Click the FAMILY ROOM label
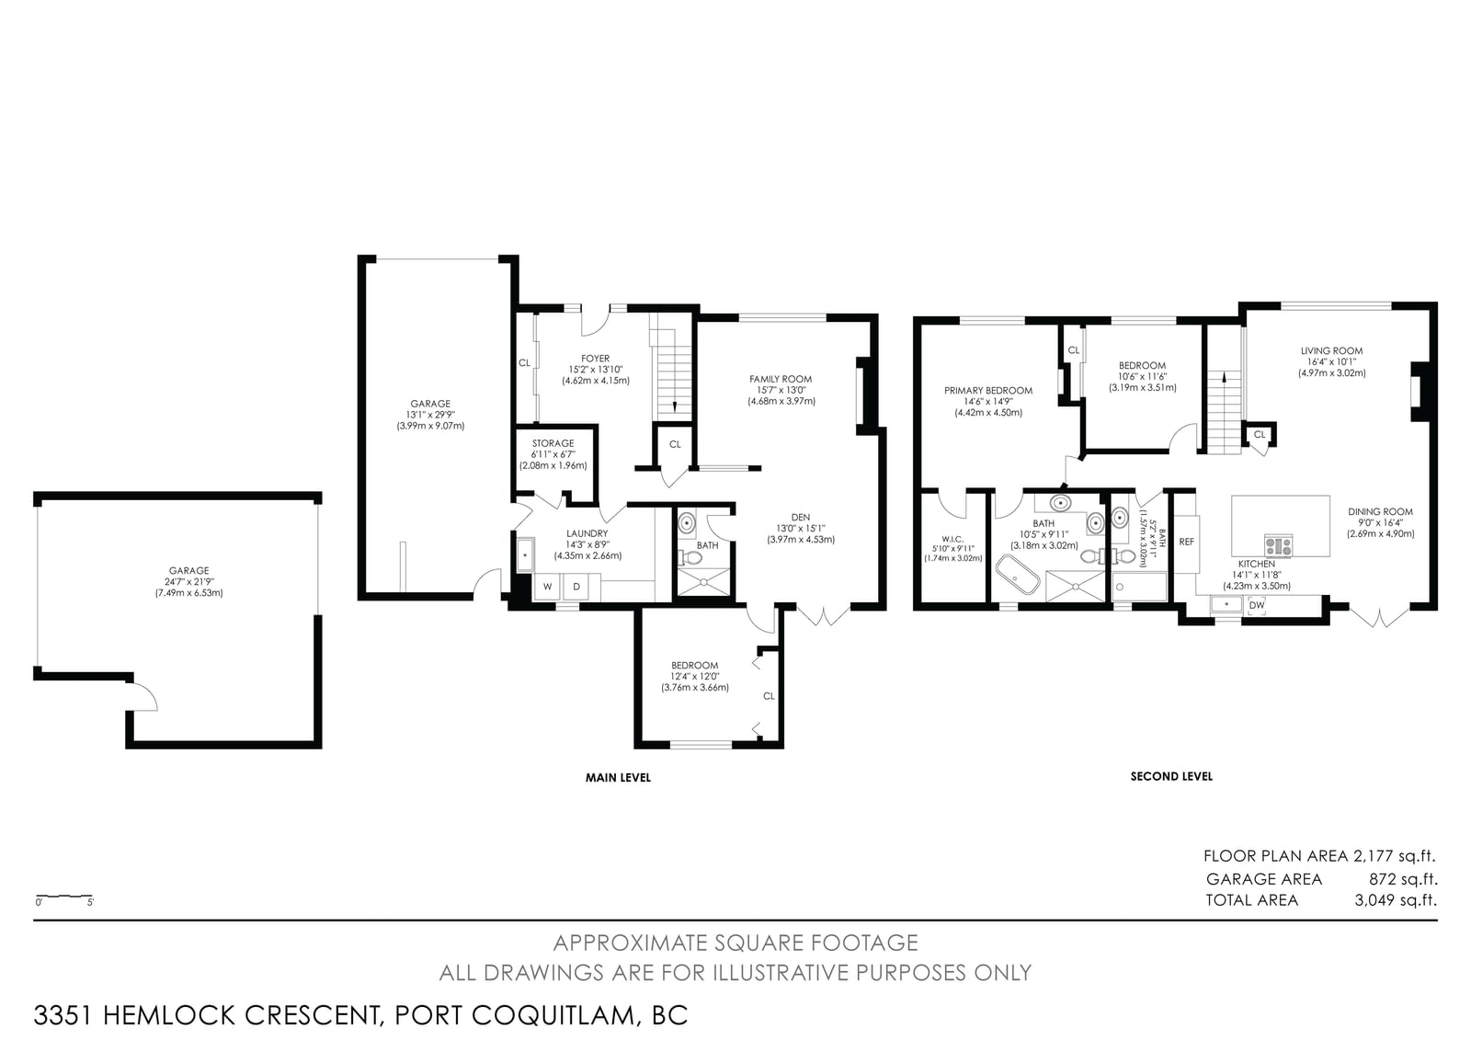coord(781,379)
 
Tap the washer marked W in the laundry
coord(547,587)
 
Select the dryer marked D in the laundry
coord(576,587)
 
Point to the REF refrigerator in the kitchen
coord(1186,543)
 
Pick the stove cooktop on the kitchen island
coord(1279,546)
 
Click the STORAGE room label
coord(553,443)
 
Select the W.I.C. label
coord(952,539)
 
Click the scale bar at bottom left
coord(63,897)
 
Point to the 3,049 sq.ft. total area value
coord(1396,900)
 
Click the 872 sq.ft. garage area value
coord(1403,879)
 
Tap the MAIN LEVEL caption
coord(618,778)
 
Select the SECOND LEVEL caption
coord(1171,776)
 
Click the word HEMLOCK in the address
coord(169,1016)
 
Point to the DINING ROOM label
coord(1380,512)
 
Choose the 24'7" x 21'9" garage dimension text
coord(189,582)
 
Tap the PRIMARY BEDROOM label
coord(988,391)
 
